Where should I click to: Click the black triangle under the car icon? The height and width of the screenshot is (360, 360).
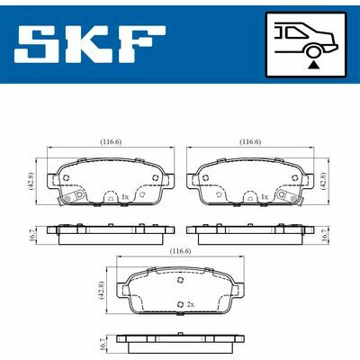(x=313, y=64)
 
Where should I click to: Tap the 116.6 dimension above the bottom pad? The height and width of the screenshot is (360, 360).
(x=179, y=251)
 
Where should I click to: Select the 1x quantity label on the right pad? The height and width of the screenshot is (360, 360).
(x=264, y=195)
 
